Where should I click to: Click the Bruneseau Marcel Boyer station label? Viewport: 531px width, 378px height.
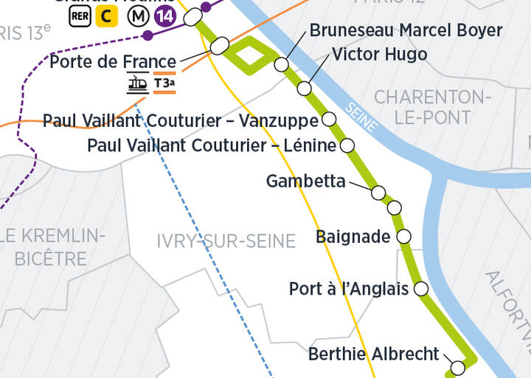(x=406, y=31)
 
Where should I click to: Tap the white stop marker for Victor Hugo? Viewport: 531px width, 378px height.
(x=305, y=89)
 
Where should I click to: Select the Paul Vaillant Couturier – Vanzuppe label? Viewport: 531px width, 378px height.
(x=181, y=120)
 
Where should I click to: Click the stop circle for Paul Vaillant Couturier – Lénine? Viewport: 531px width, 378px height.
(x=347, y=145)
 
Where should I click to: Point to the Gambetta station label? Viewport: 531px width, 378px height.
(x=305, y=181)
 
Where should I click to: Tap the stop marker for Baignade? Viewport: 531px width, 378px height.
(x=403, y=236)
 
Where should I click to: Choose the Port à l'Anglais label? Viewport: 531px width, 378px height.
(x=348, y=289)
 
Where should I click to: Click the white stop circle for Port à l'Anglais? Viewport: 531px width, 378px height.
(x=421, y=288)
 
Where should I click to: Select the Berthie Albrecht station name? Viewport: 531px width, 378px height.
(x=373, y=354)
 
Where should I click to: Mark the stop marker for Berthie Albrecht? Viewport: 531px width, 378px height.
(x=457, y=367)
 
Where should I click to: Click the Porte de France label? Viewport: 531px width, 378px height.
(x=113, y=61)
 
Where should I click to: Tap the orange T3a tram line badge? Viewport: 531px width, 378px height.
(x=164, y=84)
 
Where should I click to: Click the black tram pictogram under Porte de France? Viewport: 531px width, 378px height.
(x=137, y=84)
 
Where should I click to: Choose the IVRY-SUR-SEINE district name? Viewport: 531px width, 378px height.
(x=226, y=241)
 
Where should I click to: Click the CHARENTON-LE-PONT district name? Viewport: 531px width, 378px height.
(x=432, y=107)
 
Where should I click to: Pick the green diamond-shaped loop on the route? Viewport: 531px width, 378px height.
(x=250, y=55)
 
